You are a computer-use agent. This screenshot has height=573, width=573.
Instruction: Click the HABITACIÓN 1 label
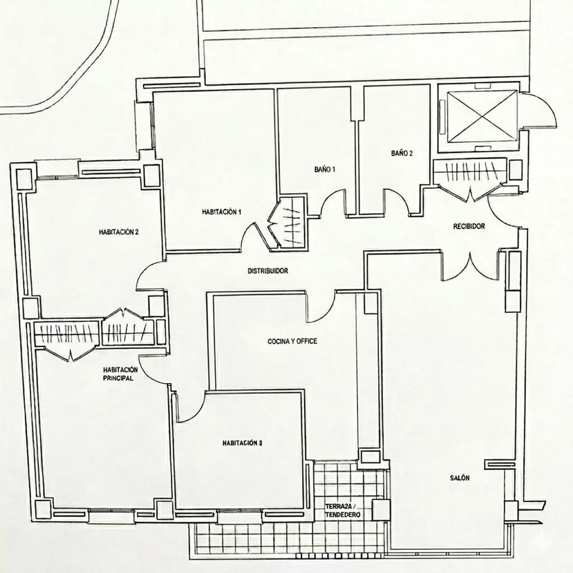221,212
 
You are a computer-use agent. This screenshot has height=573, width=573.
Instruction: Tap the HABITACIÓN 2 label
119,232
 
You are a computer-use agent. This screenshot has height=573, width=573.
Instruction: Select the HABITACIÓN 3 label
242,443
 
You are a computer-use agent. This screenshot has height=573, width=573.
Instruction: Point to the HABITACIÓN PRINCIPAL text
120,374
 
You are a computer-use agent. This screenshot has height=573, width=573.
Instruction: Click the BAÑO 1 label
325,170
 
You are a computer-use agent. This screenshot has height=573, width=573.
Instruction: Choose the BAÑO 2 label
402,153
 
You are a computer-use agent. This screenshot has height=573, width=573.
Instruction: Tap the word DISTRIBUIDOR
268,271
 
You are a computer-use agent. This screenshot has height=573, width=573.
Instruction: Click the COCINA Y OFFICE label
292,341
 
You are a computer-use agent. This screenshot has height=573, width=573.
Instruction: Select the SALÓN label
459,477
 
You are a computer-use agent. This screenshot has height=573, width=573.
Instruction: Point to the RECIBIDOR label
469,227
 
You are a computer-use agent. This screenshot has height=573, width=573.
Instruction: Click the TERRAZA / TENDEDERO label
343,511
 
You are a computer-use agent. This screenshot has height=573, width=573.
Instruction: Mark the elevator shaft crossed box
482,117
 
